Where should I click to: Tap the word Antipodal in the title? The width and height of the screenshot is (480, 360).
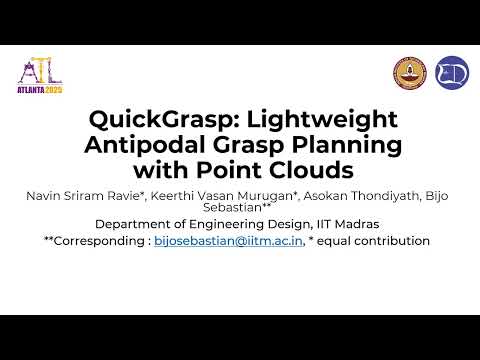pyautogui.click(x=136, y=144)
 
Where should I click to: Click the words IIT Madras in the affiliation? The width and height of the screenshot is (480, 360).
pyautogui.click(x=351, y=224)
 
